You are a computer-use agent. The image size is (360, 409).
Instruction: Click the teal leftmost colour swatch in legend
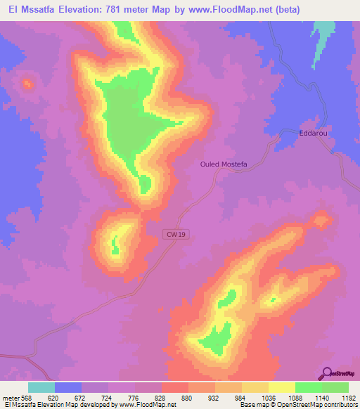coord(41,387)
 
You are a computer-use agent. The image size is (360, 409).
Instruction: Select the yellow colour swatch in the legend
coord(281,387)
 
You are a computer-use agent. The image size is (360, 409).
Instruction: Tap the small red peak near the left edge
coord(27,84)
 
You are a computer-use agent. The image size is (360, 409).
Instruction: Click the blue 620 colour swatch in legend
coord(67,387)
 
